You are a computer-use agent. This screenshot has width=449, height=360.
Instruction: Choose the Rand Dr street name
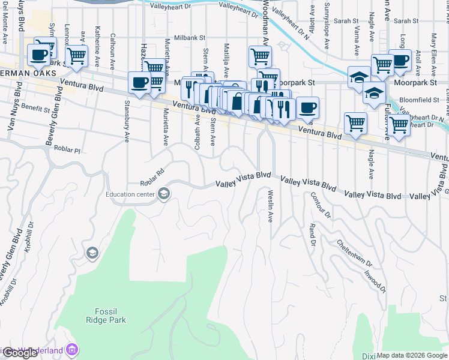tap(312, 235)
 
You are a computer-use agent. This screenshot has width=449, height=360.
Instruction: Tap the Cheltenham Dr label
tap(354, 254)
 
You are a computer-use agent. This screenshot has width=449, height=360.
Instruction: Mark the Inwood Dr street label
tap(376, 280)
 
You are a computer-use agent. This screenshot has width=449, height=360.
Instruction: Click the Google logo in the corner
tap(19, 353)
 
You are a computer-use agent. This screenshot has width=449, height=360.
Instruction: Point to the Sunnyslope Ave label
tap(327, 31)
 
